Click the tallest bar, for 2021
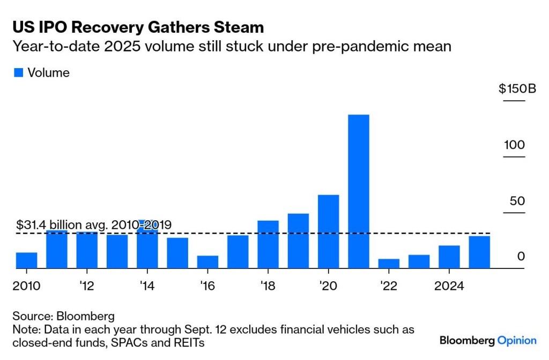click(358, 191)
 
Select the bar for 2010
click(27, 260)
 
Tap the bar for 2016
click(207, 261)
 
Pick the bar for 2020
click(328, 231)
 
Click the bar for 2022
click(389, 263)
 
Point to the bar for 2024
click(449, 257)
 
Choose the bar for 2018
click(268, 244)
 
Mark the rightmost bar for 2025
click(479, 252)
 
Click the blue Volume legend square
click(18, 73)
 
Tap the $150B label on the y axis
click(517, 89)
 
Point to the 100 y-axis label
click(514, 145)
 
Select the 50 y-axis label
click(517, 201)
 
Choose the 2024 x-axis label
click(449, 285)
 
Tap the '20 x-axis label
click(328, 285)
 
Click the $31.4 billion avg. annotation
click(94, 225)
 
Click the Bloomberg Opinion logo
click(487, 340)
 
